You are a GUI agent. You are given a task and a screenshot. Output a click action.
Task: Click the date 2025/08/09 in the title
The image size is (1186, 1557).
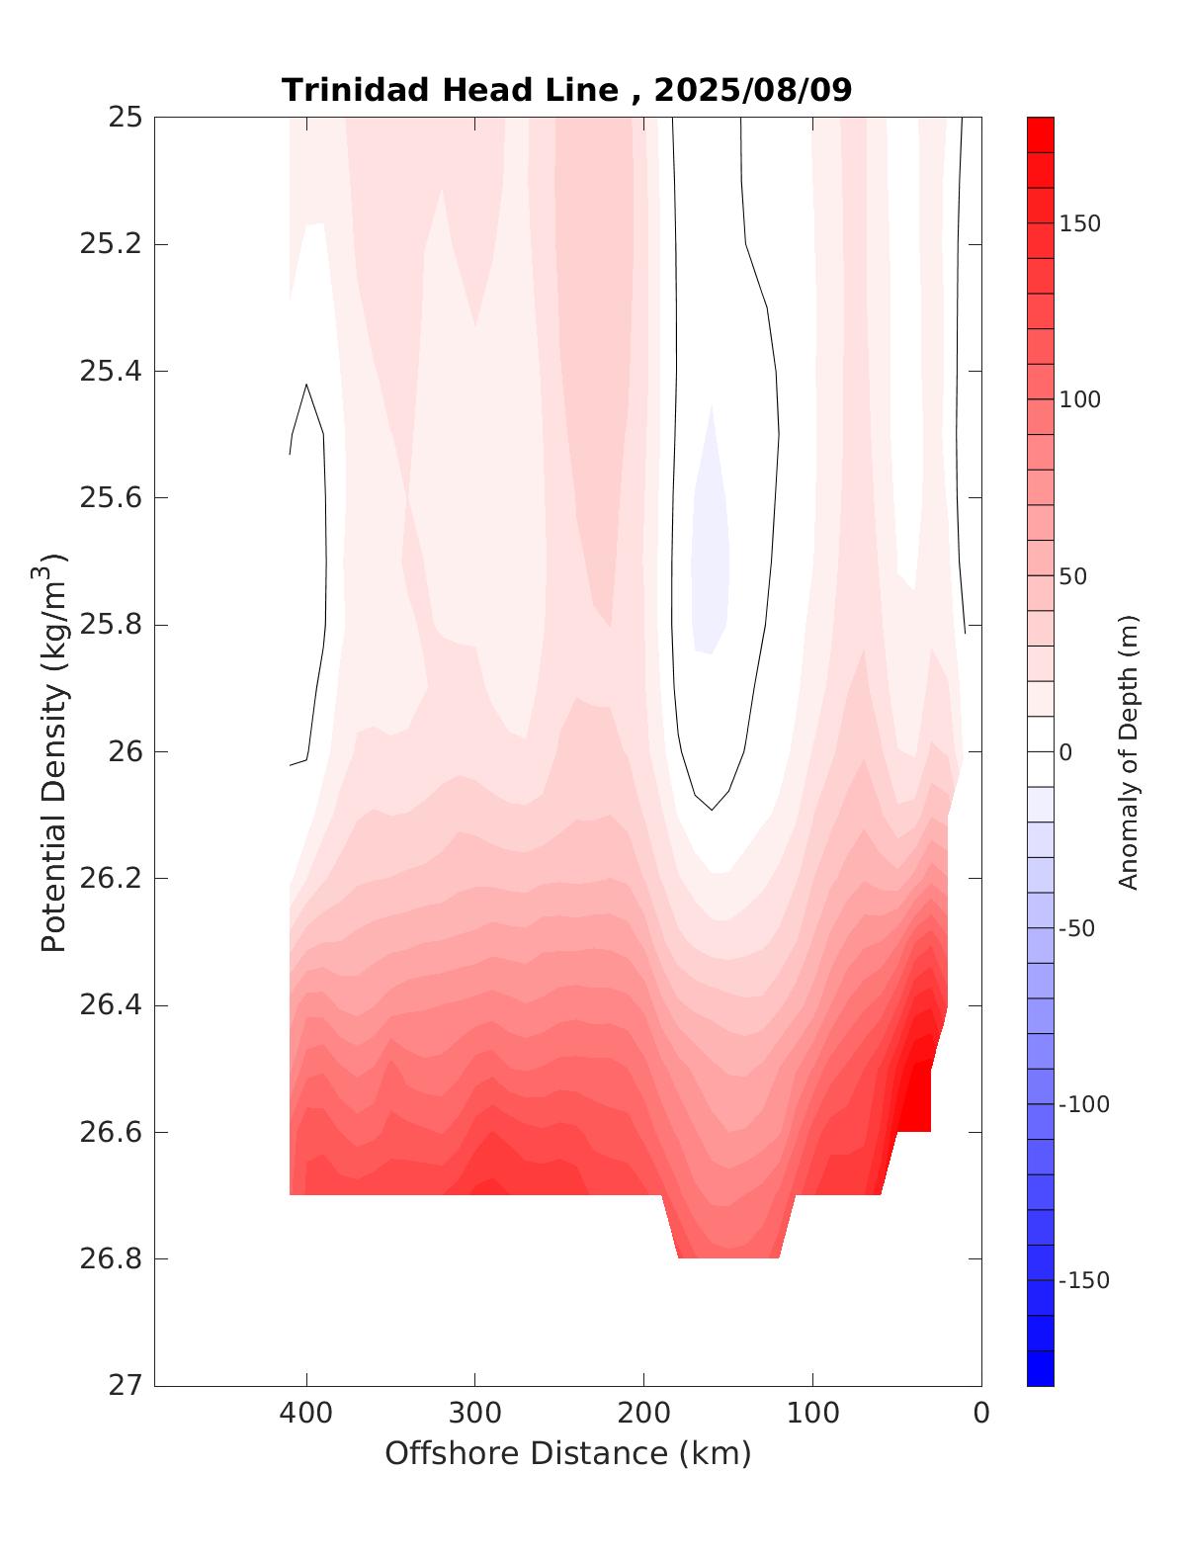click(753, 90)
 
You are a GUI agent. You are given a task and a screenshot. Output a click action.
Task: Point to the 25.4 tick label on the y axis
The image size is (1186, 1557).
click(110, 372)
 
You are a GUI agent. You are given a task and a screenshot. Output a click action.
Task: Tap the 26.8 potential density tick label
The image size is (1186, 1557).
click(110, 1259)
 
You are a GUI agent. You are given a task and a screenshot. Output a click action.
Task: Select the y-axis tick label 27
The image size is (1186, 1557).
click(125, 1386)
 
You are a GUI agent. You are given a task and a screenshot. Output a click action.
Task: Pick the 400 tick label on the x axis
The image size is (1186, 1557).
click(306, 1414)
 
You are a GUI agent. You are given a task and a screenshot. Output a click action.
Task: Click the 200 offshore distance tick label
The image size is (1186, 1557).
click(644, 1414)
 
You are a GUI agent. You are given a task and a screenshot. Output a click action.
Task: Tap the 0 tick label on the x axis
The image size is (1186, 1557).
click(981, 1414)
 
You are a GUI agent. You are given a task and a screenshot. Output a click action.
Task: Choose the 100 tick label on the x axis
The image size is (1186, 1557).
click(813, 1414)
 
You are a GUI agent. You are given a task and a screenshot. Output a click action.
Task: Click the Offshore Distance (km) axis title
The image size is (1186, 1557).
click(567, 1454)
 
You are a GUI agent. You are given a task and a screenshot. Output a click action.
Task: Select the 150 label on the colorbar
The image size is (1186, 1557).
click(1079, 224)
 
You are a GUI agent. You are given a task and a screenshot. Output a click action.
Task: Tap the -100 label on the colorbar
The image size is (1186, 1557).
click(1083, 1105)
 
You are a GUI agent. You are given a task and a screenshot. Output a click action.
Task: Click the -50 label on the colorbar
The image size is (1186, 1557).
click(1078, 928)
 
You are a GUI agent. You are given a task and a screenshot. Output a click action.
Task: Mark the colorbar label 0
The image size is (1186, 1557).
click(1065, 753)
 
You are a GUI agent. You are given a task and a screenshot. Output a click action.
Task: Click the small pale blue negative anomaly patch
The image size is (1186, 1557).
click(711, 554)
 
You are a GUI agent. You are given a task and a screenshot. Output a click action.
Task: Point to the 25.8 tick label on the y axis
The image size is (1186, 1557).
click(110, 626)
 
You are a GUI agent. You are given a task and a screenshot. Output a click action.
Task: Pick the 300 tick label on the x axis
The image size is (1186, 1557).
click(475, 1414)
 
